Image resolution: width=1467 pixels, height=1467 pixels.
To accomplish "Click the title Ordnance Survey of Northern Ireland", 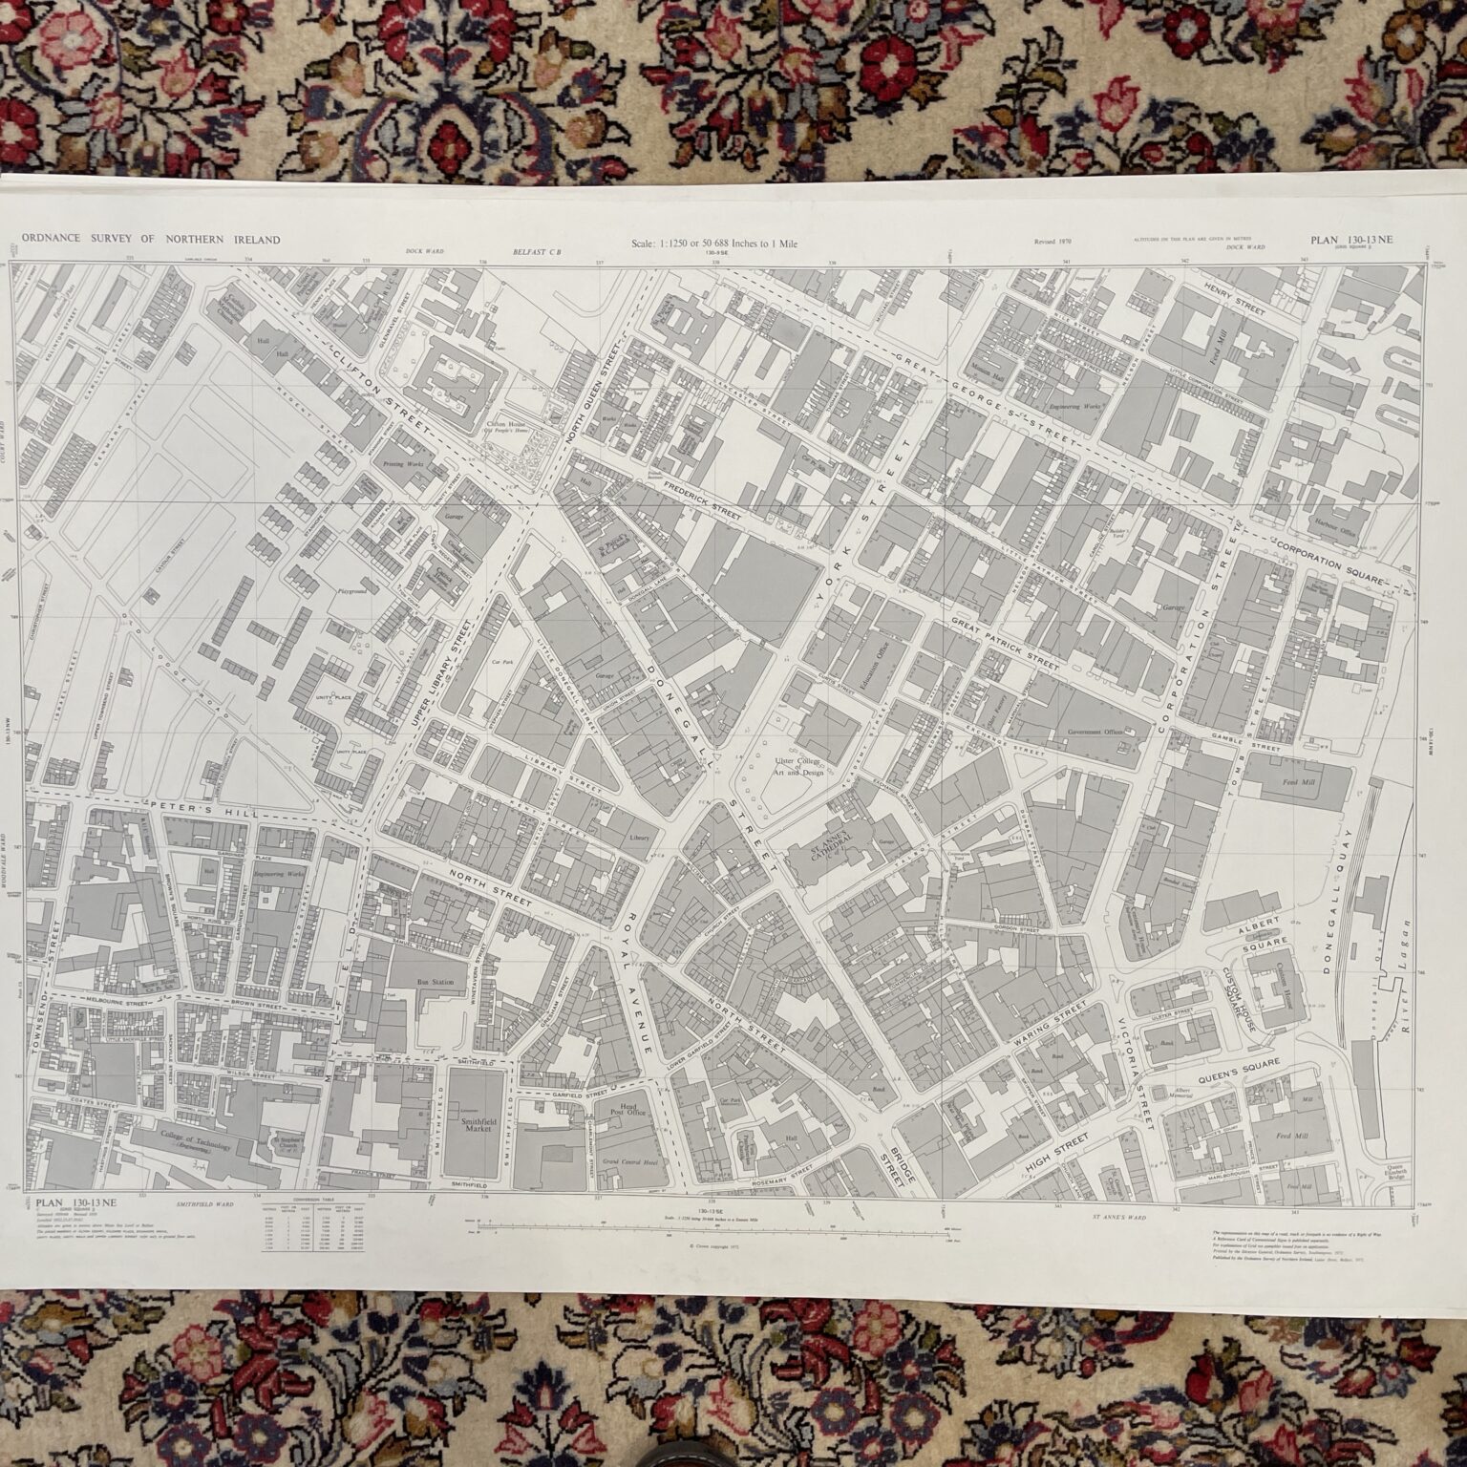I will click(x=151, y=240).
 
